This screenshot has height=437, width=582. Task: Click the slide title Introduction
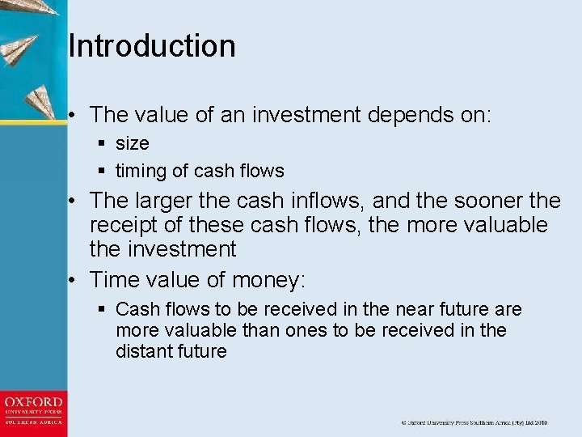coord(152,46)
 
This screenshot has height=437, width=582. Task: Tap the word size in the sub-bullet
coord(133,144)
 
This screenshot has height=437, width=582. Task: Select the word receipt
coord(129,224)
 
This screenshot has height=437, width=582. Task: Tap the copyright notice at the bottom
coord(474,422)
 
